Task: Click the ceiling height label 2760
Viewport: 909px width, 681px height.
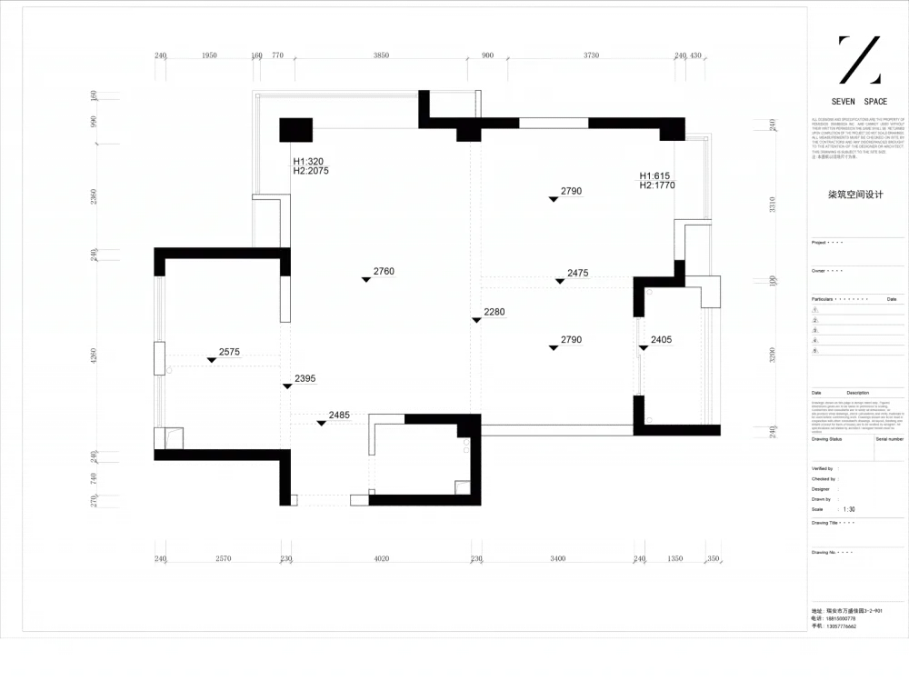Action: coord(385,271)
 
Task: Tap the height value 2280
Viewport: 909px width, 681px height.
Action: coord(494,312)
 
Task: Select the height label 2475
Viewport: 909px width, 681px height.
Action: coord(578,273)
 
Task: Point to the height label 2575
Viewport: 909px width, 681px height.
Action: coord(229,351)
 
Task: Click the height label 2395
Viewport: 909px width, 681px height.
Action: coord(305,378)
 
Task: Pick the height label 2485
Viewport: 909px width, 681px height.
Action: coord(339,415)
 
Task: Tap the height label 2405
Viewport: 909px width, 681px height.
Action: coord(661,340)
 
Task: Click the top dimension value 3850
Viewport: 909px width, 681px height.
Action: coord(381,55)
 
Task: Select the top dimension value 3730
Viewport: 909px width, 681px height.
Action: coord(591,55)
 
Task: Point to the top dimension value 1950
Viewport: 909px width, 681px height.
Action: coord(208,55)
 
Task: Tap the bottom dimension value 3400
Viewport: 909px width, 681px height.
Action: coord(558,558)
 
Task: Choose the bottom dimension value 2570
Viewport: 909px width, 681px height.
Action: coord(223,558)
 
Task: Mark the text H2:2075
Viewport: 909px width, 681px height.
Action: coord(311,170)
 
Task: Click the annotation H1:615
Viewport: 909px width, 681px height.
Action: coord(655,175)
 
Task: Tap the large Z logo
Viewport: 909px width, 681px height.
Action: coord(858,60)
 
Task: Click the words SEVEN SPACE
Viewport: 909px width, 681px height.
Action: coord(859,102)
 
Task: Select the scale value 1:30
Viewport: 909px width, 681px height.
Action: coord(849,509)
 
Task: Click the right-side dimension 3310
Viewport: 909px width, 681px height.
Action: coord(773,205)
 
